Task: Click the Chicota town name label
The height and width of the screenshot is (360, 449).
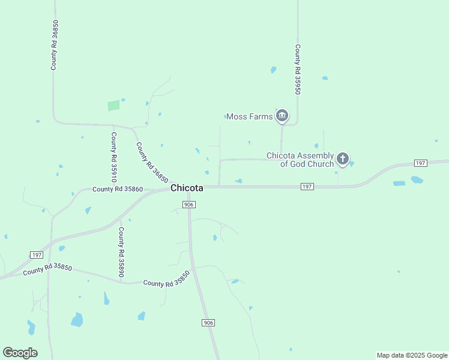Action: (187, 188)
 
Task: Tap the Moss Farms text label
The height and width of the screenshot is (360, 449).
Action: (250, 116)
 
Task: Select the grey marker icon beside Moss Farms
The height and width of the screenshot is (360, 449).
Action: (282, 116)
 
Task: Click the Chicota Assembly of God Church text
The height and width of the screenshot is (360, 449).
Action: (300, 160)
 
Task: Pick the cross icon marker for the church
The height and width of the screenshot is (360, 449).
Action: (342, 159)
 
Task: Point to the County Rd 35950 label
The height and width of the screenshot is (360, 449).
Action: (297, 69)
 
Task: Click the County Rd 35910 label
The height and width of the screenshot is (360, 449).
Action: (113, 157)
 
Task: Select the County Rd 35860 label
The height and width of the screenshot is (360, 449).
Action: (118, 190)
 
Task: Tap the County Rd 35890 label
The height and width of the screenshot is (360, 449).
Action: (121, 252)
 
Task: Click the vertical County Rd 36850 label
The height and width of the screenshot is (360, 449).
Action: (54, 45)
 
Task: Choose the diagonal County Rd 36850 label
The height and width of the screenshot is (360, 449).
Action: (151, 162)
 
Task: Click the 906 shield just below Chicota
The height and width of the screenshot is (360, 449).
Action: (188, 205)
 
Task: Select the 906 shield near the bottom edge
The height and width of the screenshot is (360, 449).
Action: (208, 323)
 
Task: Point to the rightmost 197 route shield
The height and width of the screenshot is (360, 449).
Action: (421, 163)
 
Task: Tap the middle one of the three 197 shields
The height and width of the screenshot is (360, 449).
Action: (307, 187)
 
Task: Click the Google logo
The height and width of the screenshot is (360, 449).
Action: (20, 353)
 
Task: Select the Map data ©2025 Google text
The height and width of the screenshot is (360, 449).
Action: (412, 355)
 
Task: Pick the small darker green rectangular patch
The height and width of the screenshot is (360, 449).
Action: (113, 106)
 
